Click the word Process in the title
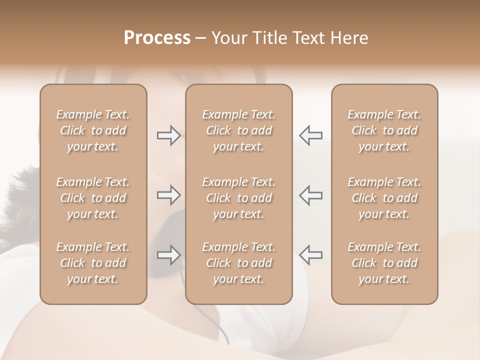[157, 38]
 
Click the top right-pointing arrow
[168, 135]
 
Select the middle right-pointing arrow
[168, 195]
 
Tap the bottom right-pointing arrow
[168, 255]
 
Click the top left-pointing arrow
[310, 135]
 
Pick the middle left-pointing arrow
[310, 195]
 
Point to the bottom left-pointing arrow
[310, 255]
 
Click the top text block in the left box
[93, 130]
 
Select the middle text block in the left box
[93, 198]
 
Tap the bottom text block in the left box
[93, 263]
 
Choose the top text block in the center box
[239, 130]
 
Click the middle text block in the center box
[239, 198]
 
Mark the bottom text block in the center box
[239, 263]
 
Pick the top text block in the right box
[384, 130]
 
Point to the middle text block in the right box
[384, 198]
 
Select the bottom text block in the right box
[384, 263]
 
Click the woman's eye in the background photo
[186, 78]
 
